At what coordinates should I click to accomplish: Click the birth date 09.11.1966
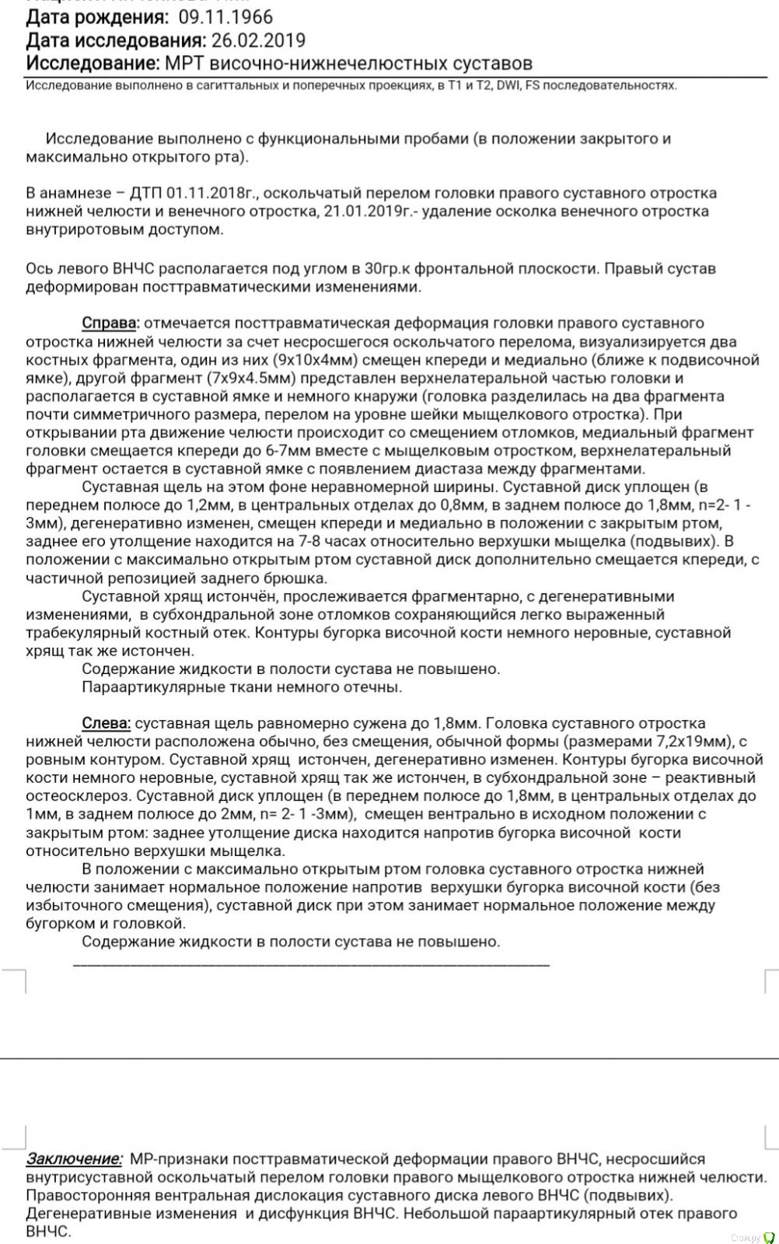pos(225,16)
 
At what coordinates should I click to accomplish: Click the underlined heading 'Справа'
pos(110,323)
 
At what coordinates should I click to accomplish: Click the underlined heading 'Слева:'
pos(107,723)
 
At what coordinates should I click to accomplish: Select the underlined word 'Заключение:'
pos(75,1158)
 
